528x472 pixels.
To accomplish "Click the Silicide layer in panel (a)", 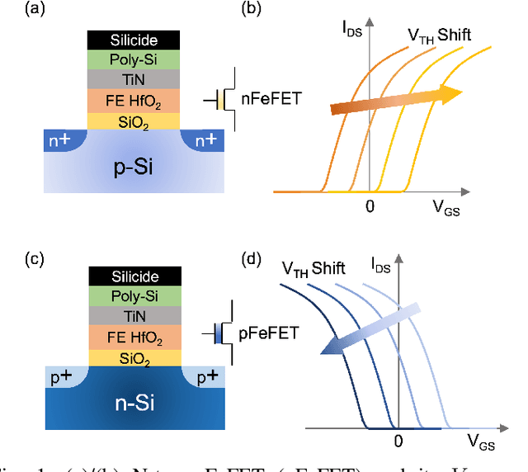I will [133, 40].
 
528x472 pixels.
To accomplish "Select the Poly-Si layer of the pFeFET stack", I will [133, 295].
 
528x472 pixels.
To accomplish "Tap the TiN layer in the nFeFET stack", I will [133, 80].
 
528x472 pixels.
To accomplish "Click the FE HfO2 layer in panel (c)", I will [133, 337].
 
